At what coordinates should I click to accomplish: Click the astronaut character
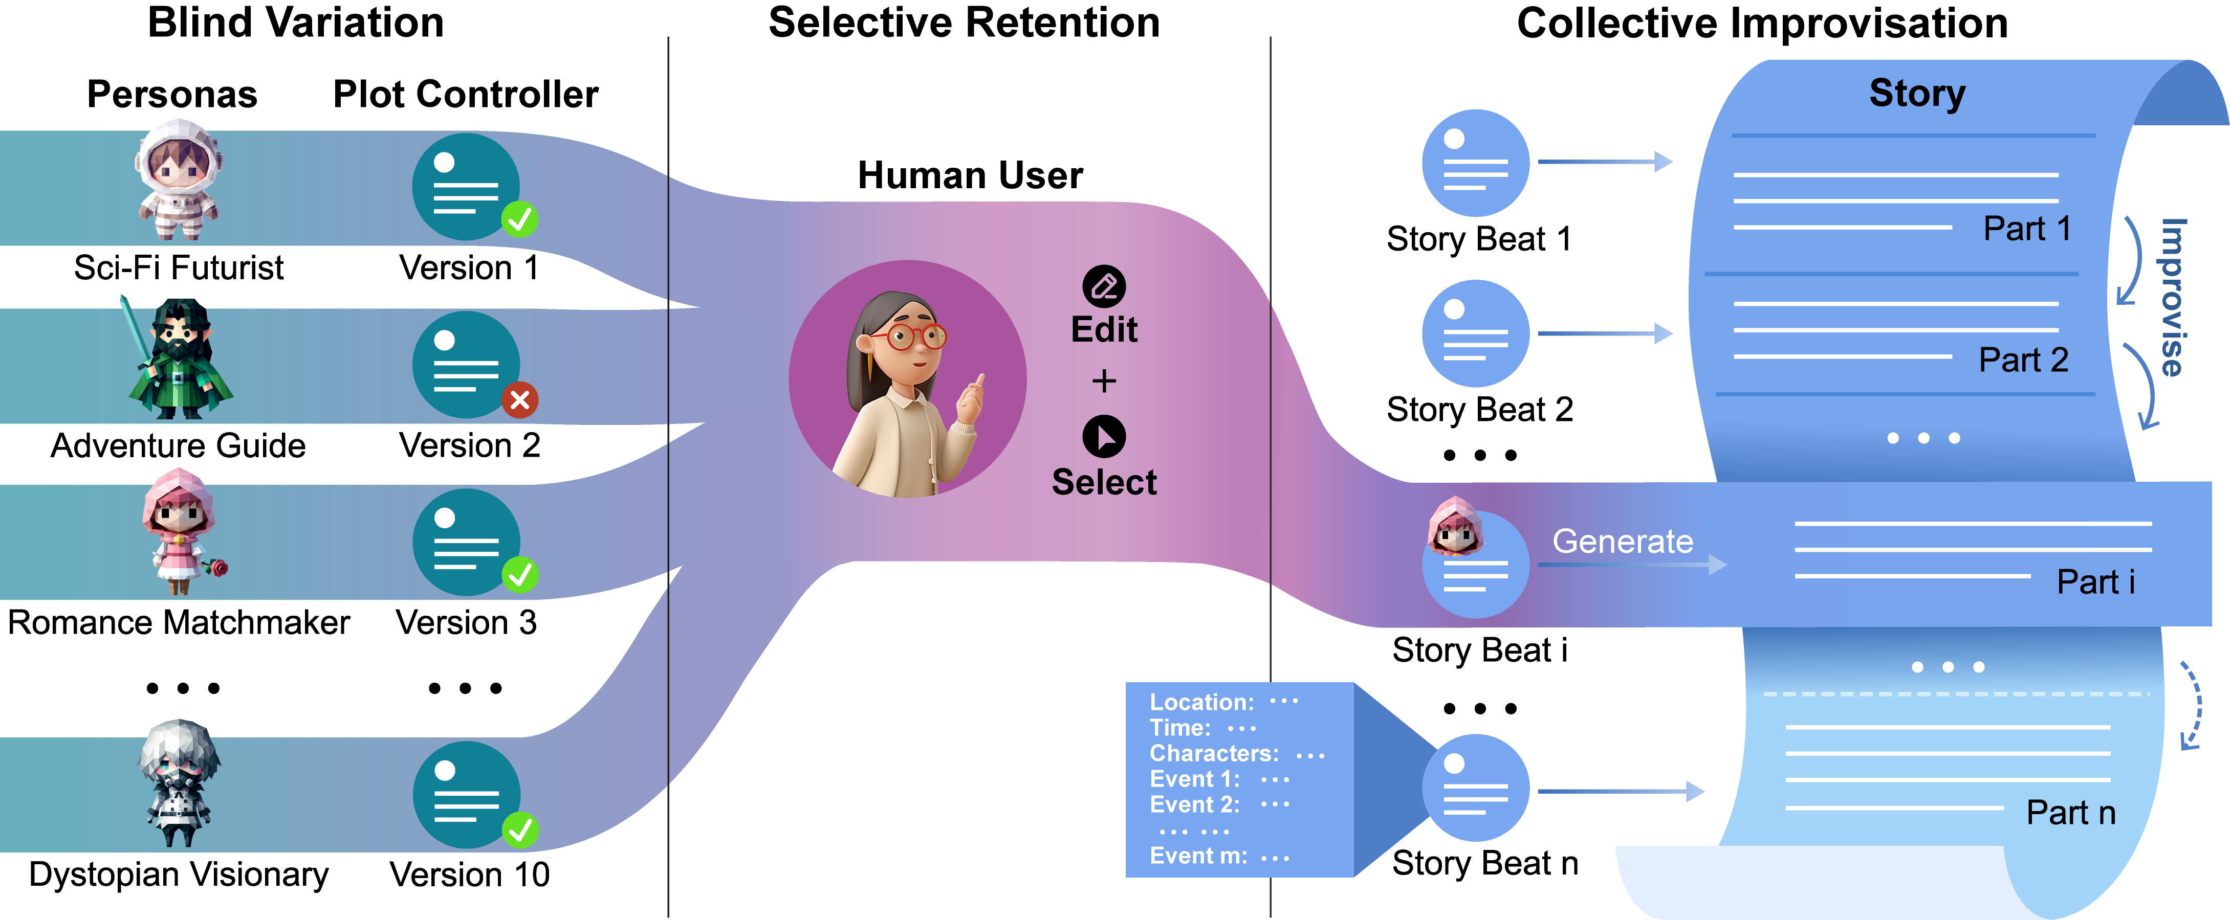178,180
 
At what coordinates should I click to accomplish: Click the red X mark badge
520,400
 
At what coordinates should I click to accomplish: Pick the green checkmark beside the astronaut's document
519,220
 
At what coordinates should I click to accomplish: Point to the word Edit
1104,330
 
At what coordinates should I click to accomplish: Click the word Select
1104,482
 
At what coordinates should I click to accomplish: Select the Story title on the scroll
1917,93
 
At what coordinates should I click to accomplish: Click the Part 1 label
2026,229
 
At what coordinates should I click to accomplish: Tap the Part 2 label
2023,359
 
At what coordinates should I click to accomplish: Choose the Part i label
2095,581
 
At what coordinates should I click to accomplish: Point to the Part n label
2071,813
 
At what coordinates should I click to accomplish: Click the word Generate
1622,541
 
